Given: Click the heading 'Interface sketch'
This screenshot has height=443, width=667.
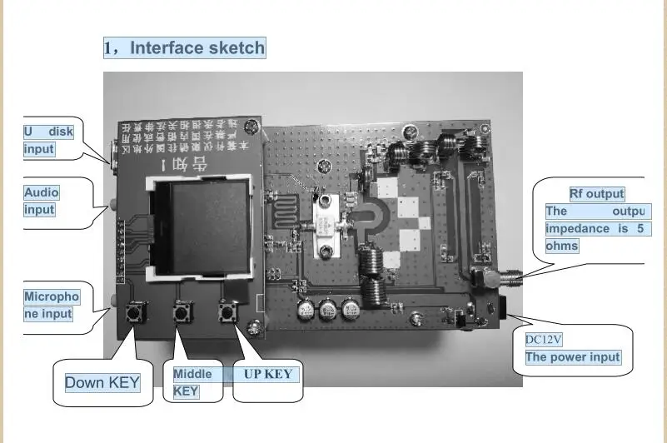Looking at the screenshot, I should (x=184, y=47).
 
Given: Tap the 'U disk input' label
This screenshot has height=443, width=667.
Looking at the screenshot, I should (x=48, y=140).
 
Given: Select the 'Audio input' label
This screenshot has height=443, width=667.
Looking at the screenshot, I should (x=42, y=201).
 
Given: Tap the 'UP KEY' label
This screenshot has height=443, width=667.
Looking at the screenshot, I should (x=267, y=374).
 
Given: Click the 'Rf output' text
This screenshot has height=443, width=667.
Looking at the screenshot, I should (x=596, y=194).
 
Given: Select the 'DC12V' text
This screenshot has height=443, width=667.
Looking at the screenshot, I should (x=545, y=339).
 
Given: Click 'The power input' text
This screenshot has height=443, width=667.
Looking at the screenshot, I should (x=573, y=357).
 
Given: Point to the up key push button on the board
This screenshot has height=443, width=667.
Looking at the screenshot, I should (x=225, y=314).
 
